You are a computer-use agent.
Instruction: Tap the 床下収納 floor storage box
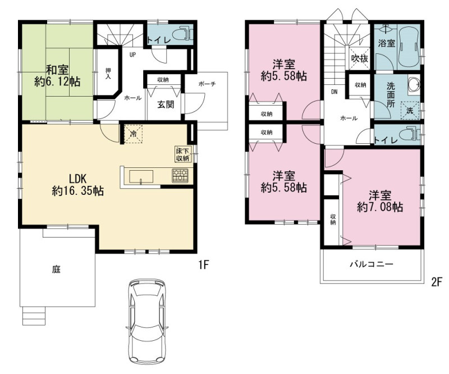[183, 154]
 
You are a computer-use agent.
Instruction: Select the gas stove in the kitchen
[180, 175]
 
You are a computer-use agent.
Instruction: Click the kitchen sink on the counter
[141, 176]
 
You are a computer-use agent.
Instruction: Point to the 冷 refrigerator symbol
[133, 133]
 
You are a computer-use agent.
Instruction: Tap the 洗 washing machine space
[410, 110]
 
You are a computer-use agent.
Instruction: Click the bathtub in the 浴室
[409, 47]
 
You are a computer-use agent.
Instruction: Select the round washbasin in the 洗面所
[413, 84]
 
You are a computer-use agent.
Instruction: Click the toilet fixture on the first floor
[186, 33]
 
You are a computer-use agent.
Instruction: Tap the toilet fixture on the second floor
[410, 134]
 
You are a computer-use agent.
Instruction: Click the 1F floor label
[203, 265]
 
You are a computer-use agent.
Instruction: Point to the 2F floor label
[437, 282]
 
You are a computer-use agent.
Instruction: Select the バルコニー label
[372, 264]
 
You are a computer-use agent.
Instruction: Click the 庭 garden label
[57, 270]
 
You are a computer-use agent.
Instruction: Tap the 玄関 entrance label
[166, 104]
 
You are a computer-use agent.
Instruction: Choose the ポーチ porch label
[207, 84]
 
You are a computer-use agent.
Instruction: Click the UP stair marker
[132, 54]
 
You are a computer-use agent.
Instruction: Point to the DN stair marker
[334, 92]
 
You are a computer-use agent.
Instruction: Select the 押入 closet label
[108, 74]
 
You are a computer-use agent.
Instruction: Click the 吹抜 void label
[360, 58]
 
